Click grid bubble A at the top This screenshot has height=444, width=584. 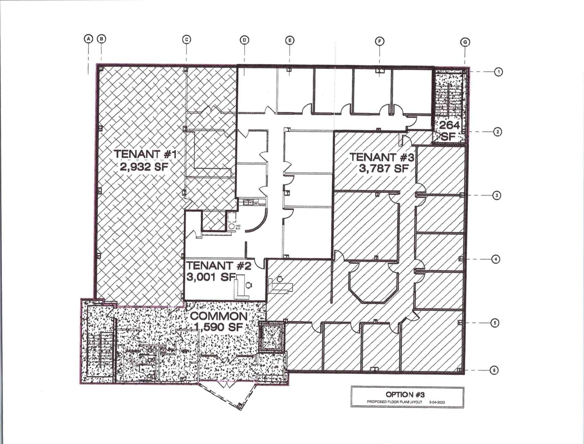click(88, 39)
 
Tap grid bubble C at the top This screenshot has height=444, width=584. click(186, 39)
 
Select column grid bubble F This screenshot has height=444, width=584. click(380, 41)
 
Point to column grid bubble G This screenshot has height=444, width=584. click(465, 43)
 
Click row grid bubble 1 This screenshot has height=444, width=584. click(498, 72)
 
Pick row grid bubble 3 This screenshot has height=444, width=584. click(497, 195)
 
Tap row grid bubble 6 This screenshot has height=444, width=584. click(494, 370)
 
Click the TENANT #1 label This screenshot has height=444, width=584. click(145, 154)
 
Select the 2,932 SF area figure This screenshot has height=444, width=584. click(144, 167)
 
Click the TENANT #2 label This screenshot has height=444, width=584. click(219, 266)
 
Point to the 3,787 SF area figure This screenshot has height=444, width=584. click(384, 169)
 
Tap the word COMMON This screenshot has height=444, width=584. click(219, 316)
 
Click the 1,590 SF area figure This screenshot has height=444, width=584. click(219, 327)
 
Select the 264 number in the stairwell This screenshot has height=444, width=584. click(449, 125)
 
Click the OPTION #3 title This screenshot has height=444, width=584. click(405, 395)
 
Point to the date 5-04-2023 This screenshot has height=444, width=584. click(437, 402)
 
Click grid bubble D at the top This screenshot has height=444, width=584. click(244, 40)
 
